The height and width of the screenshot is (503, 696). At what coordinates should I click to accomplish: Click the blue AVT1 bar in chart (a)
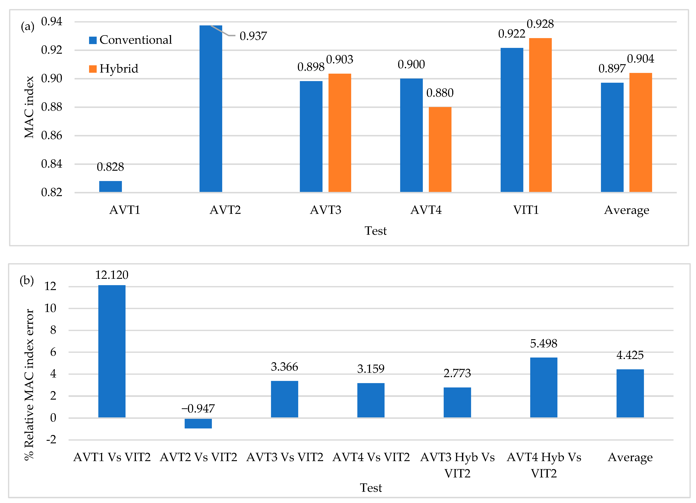[x=110, y=187]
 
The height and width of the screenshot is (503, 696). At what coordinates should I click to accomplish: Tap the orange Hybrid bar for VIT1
[x=540, y=115]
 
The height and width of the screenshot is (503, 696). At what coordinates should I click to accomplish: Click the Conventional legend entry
[x=130, y=40]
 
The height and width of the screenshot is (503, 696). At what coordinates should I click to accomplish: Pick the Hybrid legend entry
[x=114, y=69]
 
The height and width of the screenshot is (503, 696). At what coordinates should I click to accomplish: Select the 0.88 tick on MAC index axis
[x=52, y=107]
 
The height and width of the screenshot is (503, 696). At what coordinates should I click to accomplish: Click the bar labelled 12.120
[x=112, y=351]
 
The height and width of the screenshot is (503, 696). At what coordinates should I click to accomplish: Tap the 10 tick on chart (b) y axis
[x=50, y=308]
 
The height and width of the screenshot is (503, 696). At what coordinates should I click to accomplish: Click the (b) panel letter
[x=27, y=280]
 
